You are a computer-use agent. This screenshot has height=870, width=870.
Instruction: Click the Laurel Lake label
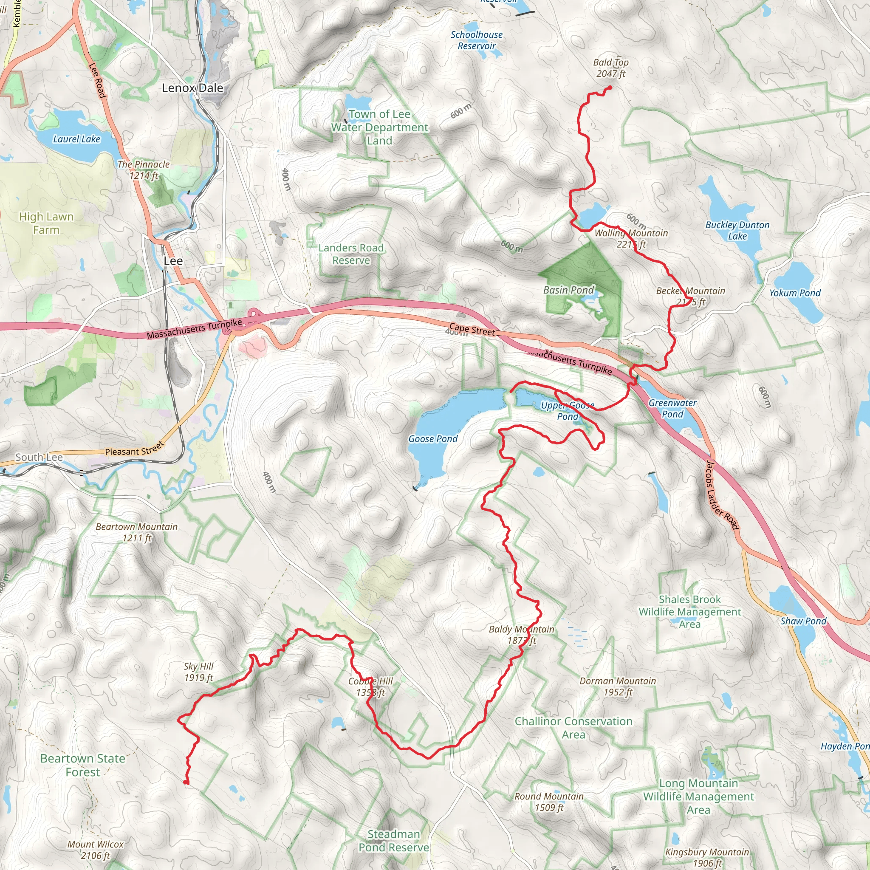click(76, 139)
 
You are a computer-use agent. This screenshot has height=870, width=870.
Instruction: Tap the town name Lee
click(173, 261)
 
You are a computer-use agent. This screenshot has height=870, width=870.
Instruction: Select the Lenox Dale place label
click(192, 88)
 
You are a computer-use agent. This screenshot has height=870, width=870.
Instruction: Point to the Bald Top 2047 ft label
click(610, 68)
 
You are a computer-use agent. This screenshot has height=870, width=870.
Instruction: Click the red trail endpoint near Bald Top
click(610, 88)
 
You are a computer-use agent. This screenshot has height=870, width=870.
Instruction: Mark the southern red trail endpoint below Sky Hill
click(186, 782)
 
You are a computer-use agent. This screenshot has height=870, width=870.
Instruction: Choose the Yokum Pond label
click(794, 293)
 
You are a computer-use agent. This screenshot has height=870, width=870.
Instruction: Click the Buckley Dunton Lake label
click(737, 231)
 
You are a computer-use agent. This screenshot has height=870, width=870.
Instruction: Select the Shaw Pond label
click(803, 621)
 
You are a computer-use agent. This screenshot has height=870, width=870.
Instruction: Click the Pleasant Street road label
click(134, 449)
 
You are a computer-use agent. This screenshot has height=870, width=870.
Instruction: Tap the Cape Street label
click(472, 330)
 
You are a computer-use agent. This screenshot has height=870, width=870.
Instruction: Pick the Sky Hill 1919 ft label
click(198, 672)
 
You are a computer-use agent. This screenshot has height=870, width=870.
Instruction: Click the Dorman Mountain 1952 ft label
click(617, 686)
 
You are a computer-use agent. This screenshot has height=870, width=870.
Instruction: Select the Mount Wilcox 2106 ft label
click(95, 850)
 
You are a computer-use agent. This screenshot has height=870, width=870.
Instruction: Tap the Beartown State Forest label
click(83, 765)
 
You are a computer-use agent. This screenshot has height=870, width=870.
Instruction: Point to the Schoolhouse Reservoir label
click(477, 40)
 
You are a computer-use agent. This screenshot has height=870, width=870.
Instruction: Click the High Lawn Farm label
click(46, 223)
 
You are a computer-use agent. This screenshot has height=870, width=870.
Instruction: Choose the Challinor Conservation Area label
click(573, 728)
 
